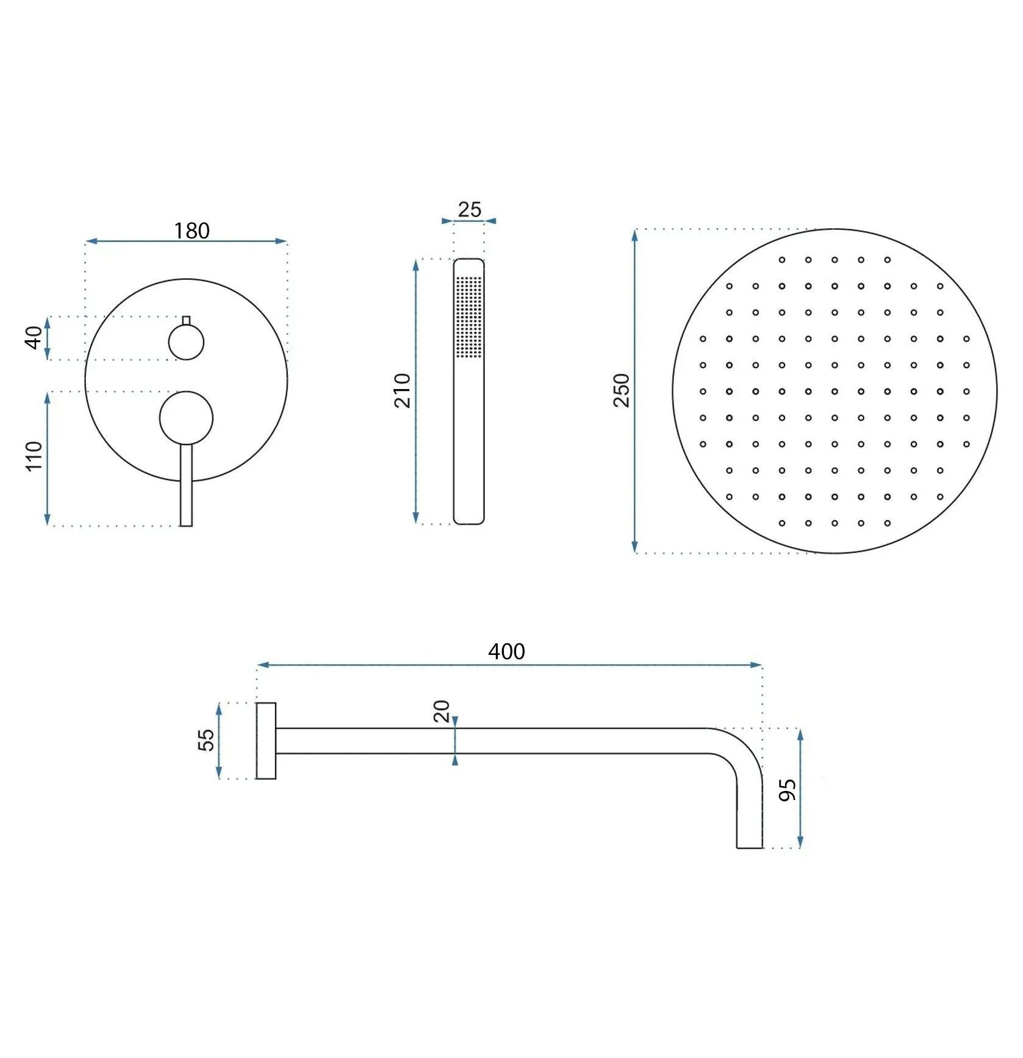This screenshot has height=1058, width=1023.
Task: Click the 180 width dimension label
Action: [192, 231]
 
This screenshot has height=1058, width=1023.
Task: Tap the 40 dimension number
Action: [34, 338]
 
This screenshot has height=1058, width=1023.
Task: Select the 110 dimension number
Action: [34, 456]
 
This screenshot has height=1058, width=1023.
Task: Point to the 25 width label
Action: [469, 210]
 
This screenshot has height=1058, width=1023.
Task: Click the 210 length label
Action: [403, 390]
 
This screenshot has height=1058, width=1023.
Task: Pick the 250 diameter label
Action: [622, 390]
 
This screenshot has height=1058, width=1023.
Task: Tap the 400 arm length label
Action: [506, 652]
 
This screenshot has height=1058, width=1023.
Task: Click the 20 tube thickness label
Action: [442, 711]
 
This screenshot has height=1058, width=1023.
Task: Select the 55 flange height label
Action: [206, 740]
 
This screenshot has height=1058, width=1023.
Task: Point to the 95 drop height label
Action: [788, 790]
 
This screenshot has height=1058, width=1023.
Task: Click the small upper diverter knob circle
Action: [186, 342]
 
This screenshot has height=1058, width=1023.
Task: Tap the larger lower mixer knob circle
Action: [186, 418]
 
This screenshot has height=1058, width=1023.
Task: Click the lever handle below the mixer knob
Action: [186, 488]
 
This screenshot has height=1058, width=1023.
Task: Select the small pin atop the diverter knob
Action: [186, 320]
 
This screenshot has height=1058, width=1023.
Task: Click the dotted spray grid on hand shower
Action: [468, 317]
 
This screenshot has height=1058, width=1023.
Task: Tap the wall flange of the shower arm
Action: [266, 741]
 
